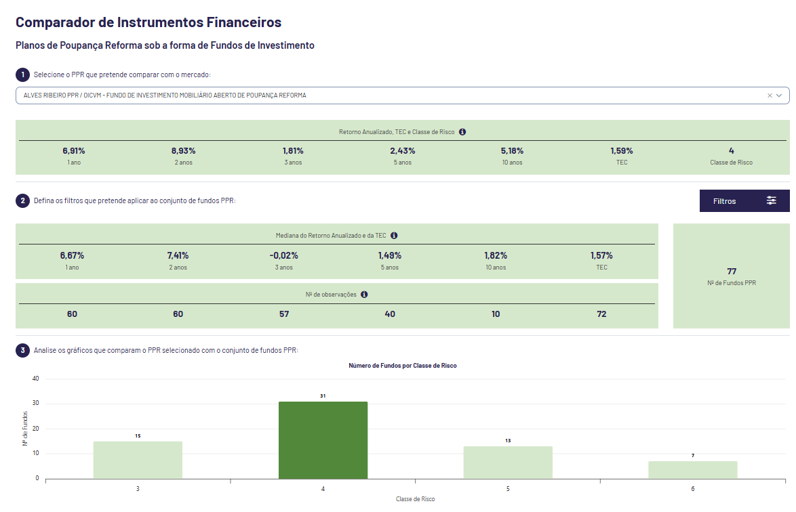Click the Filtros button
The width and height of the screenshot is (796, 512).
click(x=744, y=201)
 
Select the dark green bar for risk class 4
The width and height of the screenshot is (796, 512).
click(x=323, y=440)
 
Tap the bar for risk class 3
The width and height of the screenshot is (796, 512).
click(x=138, y=460)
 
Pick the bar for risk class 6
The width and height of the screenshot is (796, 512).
click(x=692, y=470)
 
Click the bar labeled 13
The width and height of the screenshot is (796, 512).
click(x=508, y=463)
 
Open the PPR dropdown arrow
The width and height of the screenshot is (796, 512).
click(x=779, y=95)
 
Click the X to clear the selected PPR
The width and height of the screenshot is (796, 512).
click(x=770, y=95)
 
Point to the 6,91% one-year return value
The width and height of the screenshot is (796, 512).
click(x=74, y=151)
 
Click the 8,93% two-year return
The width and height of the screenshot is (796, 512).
click(x=183, y=151)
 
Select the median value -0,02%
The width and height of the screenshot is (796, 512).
click(x=283, y=256)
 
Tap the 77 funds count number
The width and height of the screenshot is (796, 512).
click(x=732, y=271)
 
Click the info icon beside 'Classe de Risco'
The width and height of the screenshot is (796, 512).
click(x=462, y=132)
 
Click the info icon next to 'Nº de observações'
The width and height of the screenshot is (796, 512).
click(x=364, y=295)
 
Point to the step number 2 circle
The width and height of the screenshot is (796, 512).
click(x=22, y=200)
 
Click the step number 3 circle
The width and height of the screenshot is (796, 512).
click(x=22, y=350)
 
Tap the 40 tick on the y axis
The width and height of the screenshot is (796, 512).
click(x=35, y=379)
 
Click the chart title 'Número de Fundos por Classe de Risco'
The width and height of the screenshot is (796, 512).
click(x=403, y=366)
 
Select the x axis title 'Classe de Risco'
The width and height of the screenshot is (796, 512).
click(x=416, y=499)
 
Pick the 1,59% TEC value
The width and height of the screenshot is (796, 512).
click(x=621, y=151)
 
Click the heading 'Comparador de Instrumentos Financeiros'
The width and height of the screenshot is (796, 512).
click(x=148, y=22)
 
